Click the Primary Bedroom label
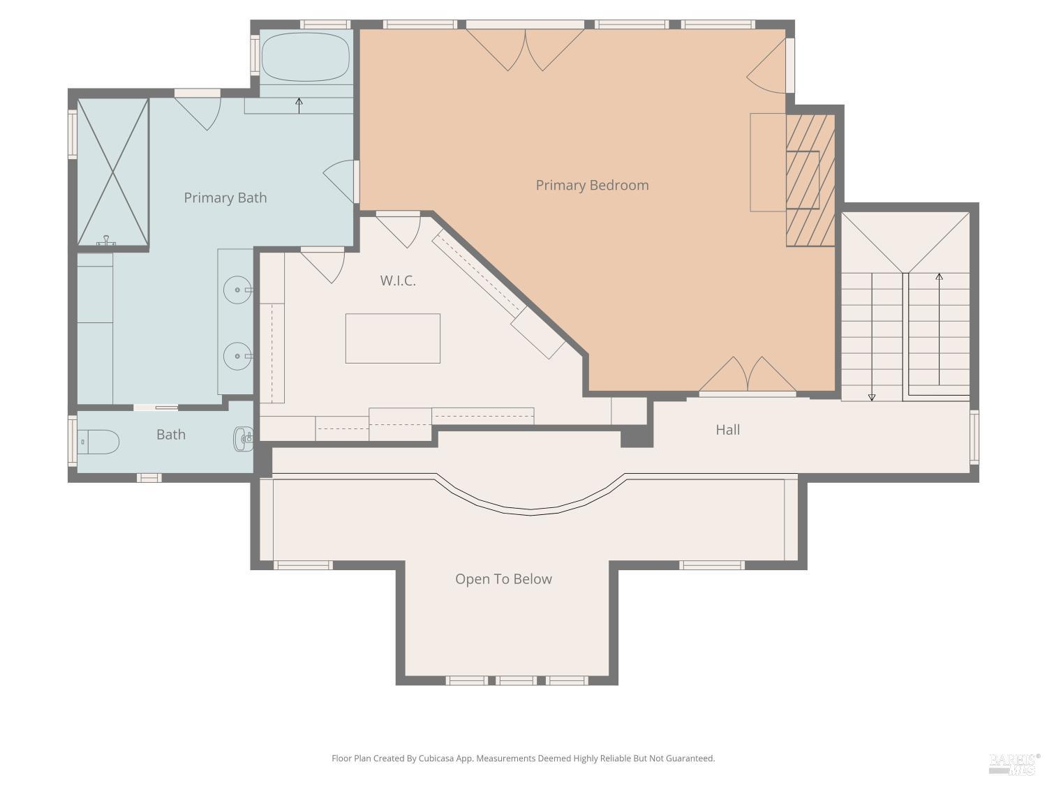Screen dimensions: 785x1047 tap(592, 185)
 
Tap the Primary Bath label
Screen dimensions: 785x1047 tap(225, 197)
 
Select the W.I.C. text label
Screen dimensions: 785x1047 tap(398, 281)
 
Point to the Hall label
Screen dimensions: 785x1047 tap(727, 430)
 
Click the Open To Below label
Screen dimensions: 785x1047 tap(503, 579)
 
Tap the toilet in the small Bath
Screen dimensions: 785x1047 tap(99, 442)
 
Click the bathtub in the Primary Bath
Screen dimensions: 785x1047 tap(305, 57)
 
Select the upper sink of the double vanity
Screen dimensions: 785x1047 tap(237, 290)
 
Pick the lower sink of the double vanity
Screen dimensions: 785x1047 tap(237, 356)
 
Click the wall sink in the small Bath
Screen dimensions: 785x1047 tap(244, 438)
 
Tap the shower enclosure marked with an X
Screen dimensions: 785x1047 tap(112, 172)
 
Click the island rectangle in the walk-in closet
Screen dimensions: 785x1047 tap(392, 338)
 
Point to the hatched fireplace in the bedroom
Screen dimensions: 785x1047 tap(810, 180)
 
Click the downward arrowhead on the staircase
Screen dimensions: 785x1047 tap(872, 397)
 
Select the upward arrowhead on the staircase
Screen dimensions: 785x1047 tap(939, 277)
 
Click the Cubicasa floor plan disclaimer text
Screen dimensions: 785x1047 tap(523, 758)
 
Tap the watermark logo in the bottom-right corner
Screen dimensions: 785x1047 tap(1014, 763)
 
